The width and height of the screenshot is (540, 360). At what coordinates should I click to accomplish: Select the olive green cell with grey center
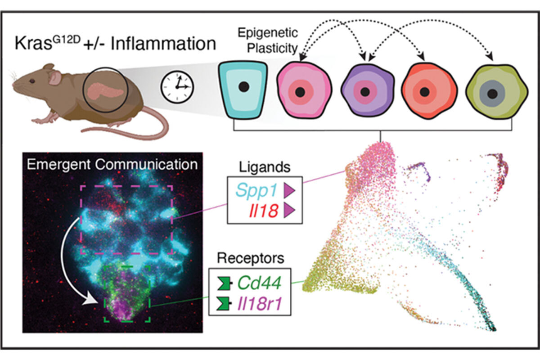493,93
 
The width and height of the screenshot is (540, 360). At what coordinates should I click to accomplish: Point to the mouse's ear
54,77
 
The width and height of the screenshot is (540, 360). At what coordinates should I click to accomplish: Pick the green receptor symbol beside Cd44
223,283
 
